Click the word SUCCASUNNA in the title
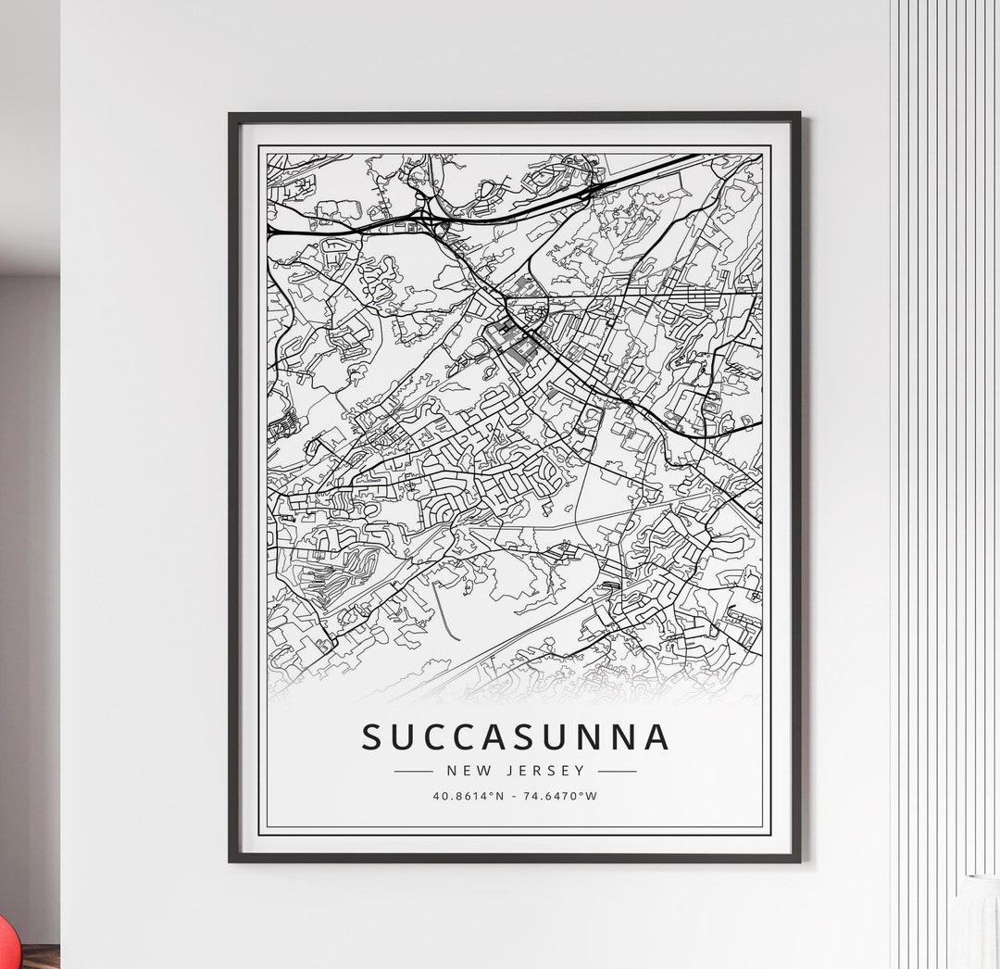515,737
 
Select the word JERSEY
554,770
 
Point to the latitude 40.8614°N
468,795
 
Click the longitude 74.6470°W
561,795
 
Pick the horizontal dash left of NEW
413,771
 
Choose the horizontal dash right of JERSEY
617,771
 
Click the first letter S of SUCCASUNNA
371,737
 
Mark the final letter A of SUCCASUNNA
656,737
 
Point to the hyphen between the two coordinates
515,795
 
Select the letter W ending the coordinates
593,795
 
